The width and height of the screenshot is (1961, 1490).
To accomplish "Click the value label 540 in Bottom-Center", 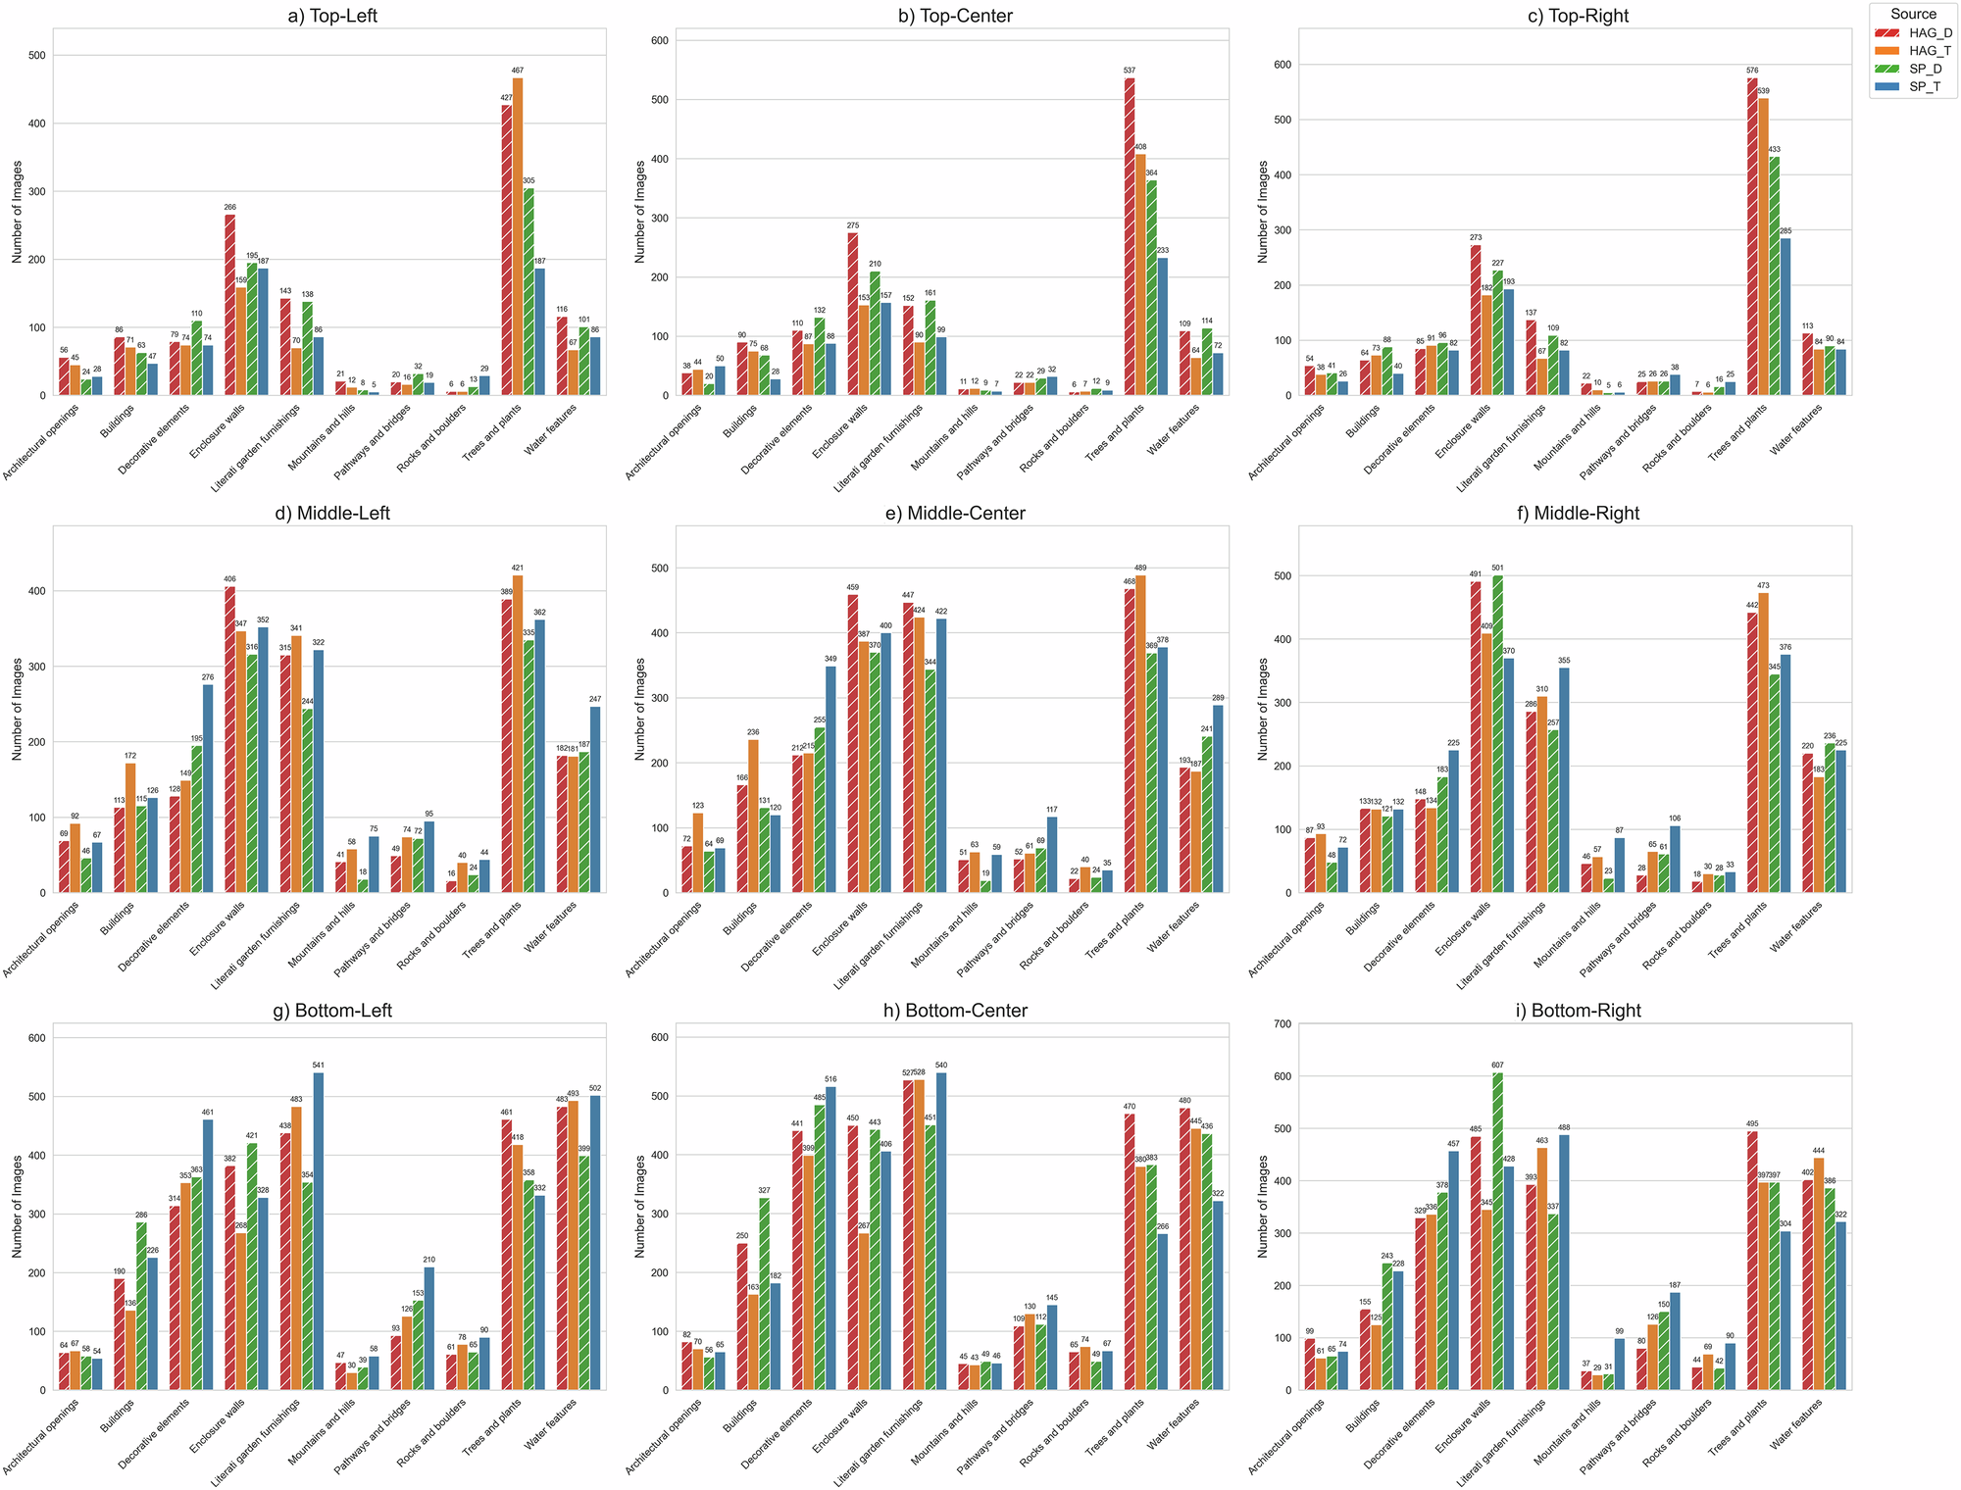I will click(x=941, y=1066).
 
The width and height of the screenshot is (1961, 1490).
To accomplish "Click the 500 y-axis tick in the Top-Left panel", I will click(x=36, y=55).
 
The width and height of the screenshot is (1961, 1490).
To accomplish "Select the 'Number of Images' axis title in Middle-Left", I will click(x=18, y=709).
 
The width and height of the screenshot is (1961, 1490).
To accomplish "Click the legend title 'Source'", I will click(x=1913, y=14).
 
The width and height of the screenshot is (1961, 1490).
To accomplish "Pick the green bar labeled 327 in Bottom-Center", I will click(x=764, y=1294).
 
